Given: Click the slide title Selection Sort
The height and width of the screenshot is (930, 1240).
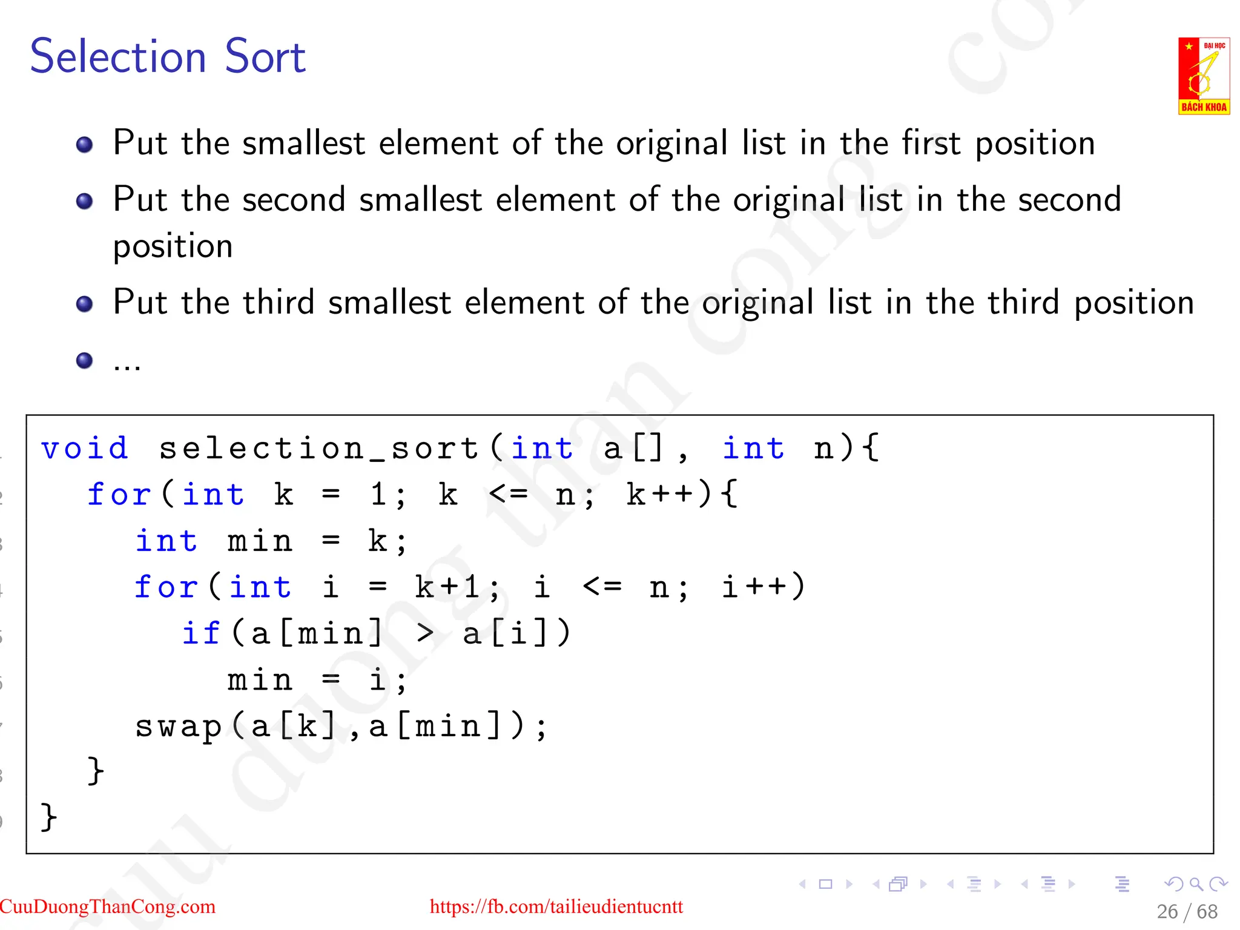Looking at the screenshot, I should pyautogui.click(x=168, y=56).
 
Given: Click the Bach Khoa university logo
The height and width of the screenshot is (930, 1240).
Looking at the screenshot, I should pyautogui.click(x=1203, y=76).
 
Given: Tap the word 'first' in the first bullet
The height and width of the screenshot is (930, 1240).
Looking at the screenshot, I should pyautogui.click(x=931, y=143).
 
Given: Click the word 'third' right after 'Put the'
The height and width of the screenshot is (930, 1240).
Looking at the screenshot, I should pyautogui.click(x=279, y=303).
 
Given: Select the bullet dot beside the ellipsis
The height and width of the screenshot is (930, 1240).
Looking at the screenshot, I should pyautogui.click(x=85, y=361).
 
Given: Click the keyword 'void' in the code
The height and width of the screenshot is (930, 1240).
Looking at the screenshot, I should pyautogui.click(x=84, y=449).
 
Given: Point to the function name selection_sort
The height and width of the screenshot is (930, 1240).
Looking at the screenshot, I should pyautogui.click(x=319, y=449).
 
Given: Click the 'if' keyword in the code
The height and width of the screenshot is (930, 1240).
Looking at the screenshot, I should pyautogui.click(x=201, y=634).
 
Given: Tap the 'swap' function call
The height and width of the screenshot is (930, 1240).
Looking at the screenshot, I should pyautogui.click(x=178, y=727).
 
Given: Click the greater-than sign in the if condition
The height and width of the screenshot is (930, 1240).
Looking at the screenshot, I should pyautogui.click(x=425, y=634).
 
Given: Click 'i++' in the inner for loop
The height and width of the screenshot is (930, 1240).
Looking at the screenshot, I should pyautogui.click(x=753, y=587).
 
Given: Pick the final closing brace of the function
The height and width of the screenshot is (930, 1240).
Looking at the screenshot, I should pyautogui.click(x=48, y=817).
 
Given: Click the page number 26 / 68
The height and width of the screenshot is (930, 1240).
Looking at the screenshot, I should pyautogui.click(x=1187, y=911).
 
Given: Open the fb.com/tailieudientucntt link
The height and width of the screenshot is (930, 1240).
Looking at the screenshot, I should pyautogui.click(x=556, y=906).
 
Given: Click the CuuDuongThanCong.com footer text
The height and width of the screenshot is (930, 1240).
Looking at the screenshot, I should pyautogui.click(x=108, y=906).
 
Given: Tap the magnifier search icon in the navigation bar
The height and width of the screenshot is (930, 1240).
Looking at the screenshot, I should pyautogui.click(x=1196, y=884).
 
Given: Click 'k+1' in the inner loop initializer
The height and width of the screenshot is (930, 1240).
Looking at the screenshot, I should pyautogui.click(x=448, y=587).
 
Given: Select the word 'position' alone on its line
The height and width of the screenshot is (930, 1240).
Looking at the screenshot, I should pyautogui.click(x=173, y=246).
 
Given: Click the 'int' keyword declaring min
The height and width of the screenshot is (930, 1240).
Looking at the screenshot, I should pyautogui.click(x=166, y=541).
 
